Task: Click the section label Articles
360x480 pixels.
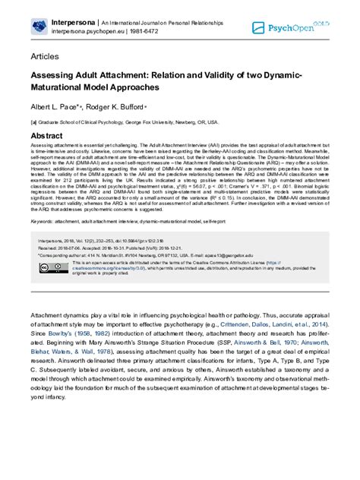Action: coord(45,57)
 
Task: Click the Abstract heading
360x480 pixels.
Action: coord(47,134)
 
